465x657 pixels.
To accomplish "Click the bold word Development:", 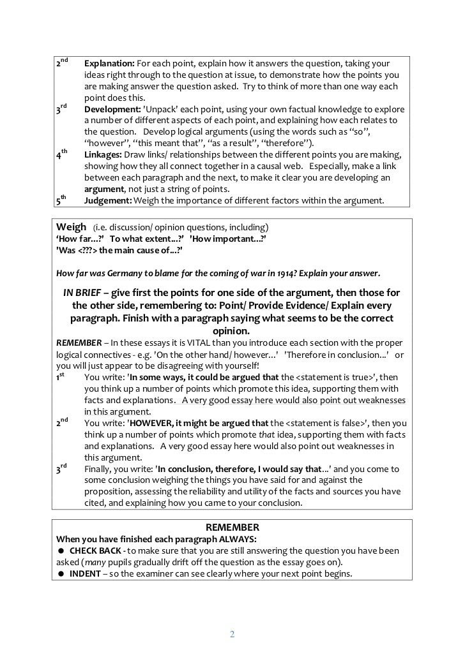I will click(112, 109).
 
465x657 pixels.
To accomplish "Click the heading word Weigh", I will click(71, 227).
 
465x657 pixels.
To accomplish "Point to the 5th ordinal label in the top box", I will click(61, 202).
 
